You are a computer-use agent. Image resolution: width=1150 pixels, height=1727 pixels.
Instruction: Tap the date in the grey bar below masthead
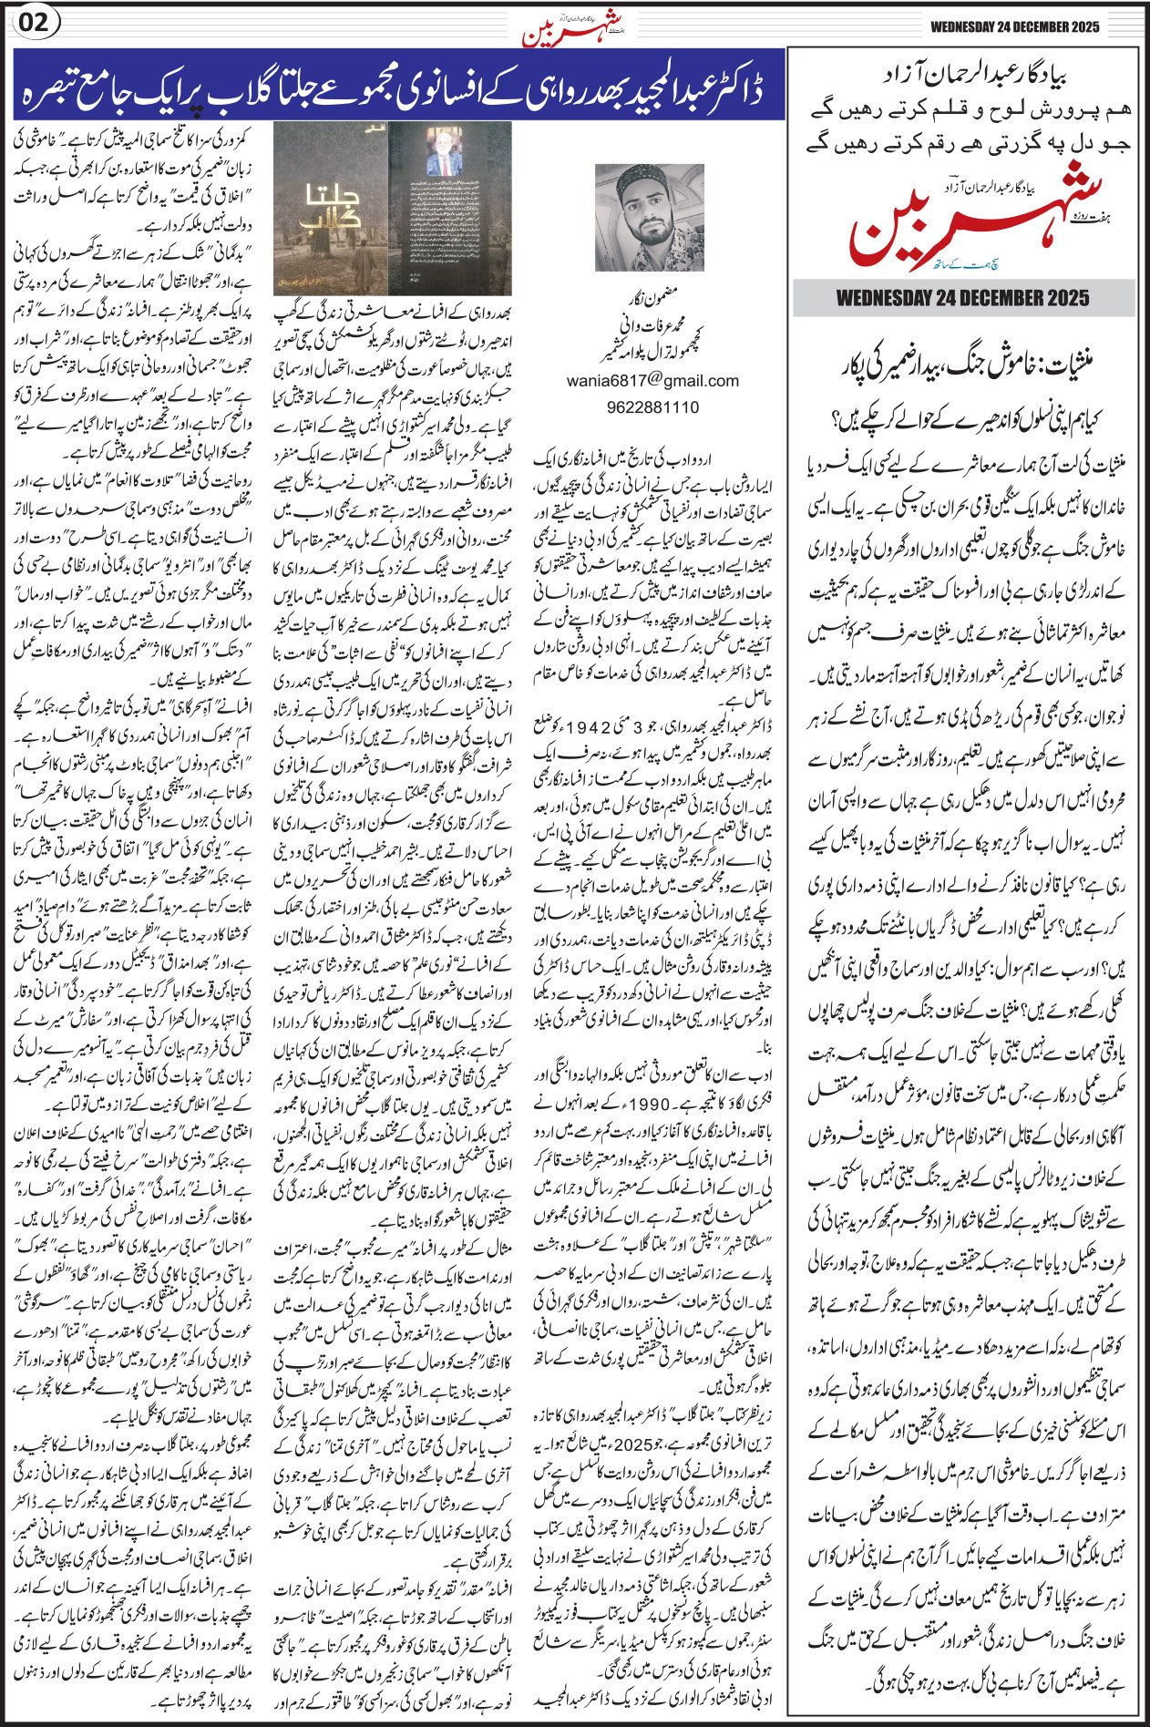pos(962,298)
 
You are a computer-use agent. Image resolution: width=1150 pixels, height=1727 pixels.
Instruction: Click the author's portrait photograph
pos(649,218)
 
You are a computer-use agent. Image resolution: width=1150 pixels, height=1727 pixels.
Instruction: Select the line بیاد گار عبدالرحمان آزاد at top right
pos(964,71)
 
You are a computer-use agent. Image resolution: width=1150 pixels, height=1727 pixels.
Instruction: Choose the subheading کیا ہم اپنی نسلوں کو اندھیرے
pos(964,420)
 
